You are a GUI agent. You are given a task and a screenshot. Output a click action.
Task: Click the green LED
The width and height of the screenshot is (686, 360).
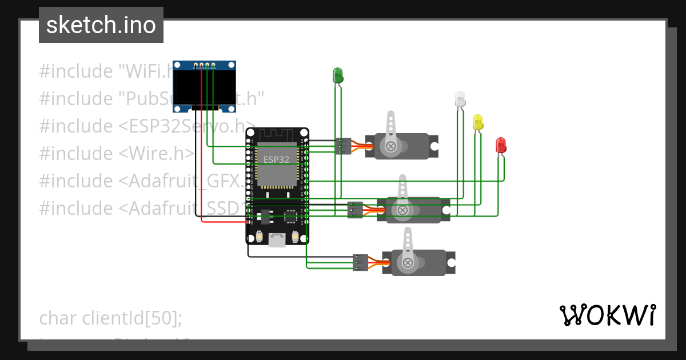337,75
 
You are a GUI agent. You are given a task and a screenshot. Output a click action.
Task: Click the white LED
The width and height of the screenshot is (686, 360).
460,99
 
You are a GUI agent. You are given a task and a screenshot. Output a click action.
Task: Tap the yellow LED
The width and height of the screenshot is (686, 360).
478,122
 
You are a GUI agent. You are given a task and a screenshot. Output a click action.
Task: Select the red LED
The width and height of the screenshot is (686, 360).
501,145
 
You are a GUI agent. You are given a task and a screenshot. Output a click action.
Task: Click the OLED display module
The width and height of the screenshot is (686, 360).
205,86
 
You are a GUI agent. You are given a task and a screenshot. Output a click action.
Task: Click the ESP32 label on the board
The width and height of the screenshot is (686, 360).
276,159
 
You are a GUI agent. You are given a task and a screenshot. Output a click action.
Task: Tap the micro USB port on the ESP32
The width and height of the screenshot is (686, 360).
277,242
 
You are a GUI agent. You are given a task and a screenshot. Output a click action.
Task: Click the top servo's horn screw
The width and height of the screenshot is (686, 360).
391,146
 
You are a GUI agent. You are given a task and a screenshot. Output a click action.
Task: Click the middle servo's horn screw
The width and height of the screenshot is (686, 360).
402,210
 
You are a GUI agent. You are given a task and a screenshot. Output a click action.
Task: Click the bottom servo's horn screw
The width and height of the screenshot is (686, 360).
408,263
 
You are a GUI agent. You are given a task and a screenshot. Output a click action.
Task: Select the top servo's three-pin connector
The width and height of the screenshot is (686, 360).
344,146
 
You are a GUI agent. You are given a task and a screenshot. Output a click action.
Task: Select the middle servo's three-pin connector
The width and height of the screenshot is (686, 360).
355,210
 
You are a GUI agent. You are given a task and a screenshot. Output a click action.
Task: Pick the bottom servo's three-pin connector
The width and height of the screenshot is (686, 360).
361,262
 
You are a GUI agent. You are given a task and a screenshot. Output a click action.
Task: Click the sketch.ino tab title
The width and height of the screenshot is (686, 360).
101,25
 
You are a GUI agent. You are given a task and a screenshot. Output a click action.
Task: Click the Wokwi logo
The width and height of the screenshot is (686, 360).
607,315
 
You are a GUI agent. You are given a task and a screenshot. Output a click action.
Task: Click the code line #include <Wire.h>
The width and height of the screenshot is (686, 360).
117,153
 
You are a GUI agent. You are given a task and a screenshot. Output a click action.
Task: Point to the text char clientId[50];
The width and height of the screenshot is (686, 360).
110,318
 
